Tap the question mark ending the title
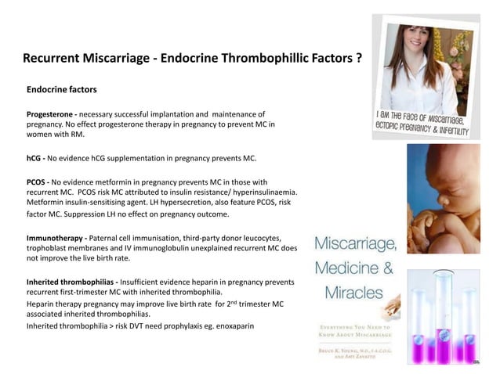357,59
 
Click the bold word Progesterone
50,114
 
